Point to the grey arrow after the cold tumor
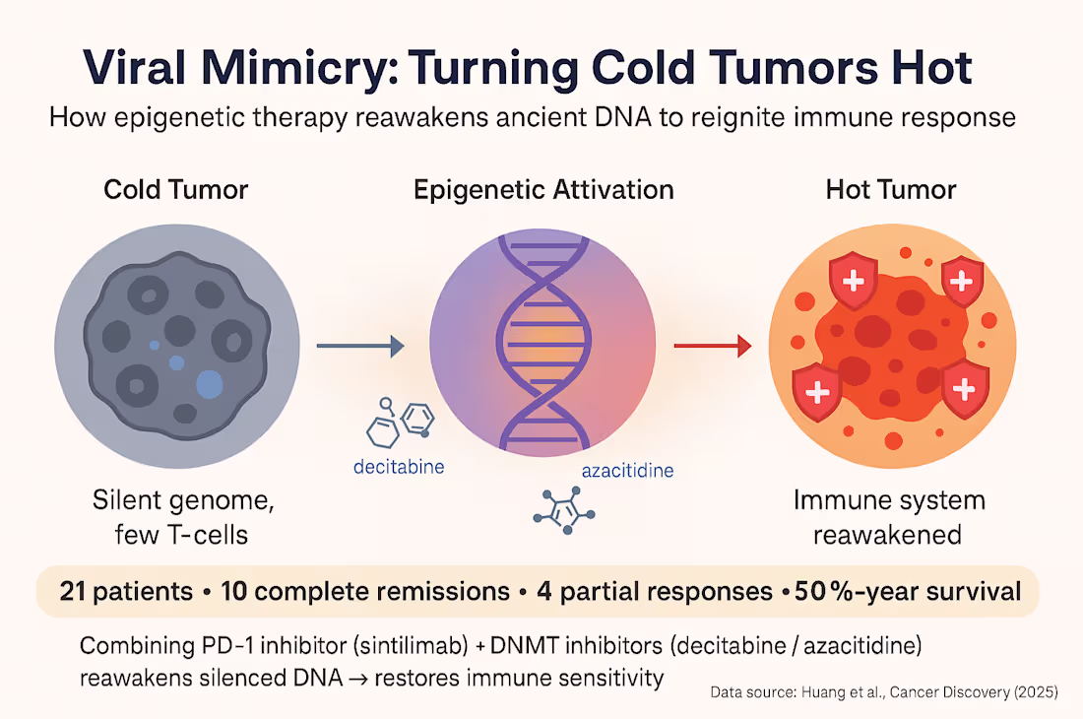[360, 345]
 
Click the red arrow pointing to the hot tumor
[711, 345]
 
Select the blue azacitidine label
[627, 470]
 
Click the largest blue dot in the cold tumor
[210, 383]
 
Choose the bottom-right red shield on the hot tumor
[964, 390]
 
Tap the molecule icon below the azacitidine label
[560, 511]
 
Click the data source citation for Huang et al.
[883, 692]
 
